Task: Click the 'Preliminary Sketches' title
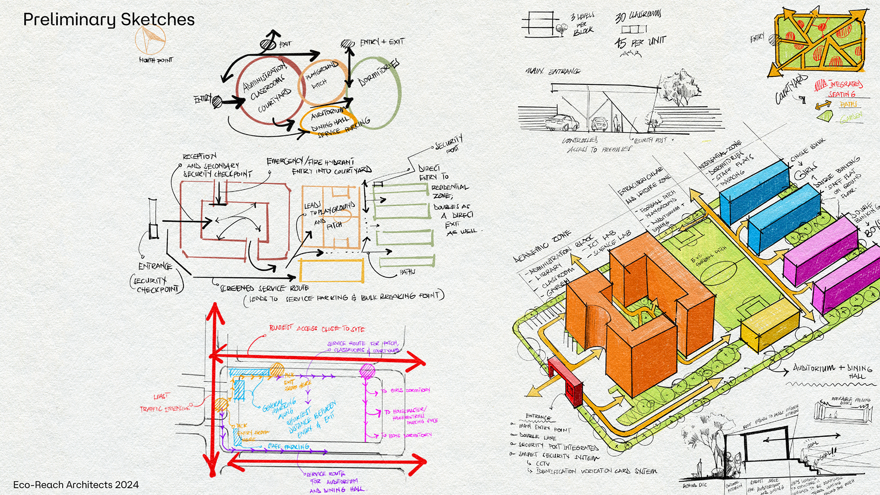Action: [x=109, y=20]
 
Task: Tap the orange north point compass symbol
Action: [x=150, y=40]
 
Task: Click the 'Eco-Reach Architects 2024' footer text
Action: [x=76, y=485]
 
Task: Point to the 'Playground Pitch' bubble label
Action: [x=321, y=76]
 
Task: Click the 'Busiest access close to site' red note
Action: [x=317, y=328]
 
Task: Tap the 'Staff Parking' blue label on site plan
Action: [x=289, y=446]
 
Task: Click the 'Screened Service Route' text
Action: [x=264, y=288]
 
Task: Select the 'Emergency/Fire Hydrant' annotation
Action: [x=310, y=161]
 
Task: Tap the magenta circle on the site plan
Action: [x=367, y=371]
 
